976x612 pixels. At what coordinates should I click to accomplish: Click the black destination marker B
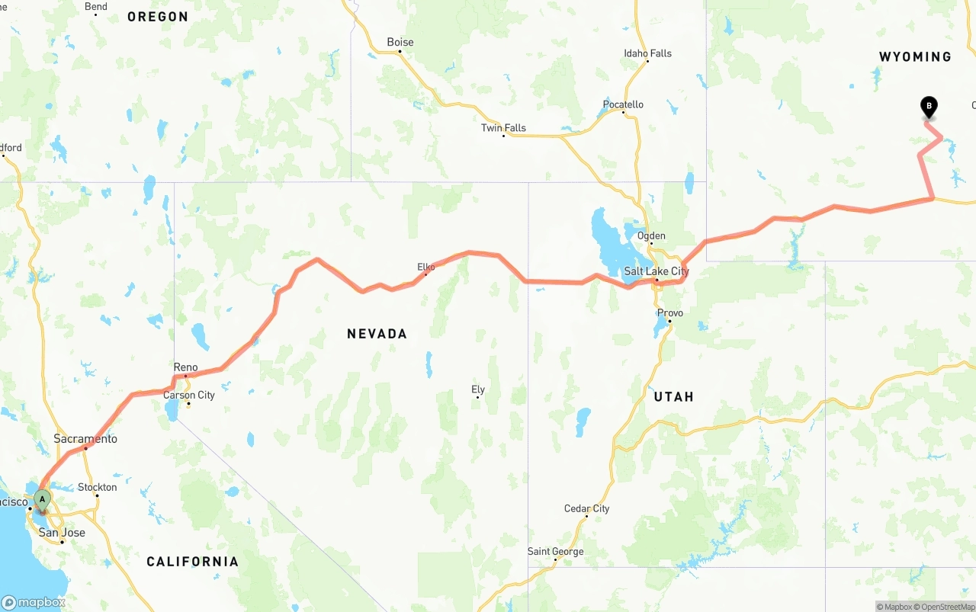coord(929,107)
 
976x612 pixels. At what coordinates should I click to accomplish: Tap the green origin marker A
coord(43,500)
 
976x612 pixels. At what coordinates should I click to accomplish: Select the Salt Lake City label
coord(656,271)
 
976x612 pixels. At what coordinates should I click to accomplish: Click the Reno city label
coord(185,367)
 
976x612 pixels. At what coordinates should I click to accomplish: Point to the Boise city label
coord(400,42)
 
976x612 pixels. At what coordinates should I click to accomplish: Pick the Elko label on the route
coord(425,267)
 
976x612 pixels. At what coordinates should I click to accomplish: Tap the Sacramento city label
coord(85,438)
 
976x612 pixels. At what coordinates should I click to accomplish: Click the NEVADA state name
coord(377,334)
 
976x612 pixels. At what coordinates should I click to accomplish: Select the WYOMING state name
coord(915,56)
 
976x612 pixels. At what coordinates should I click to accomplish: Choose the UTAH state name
coord(673,396)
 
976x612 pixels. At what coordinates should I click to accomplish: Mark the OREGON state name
coord(158,17)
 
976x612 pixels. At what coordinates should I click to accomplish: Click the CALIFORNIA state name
coord(192,562)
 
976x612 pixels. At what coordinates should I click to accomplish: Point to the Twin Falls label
coord(503,127)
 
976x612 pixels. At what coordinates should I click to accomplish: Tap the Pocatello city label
coord(623,104)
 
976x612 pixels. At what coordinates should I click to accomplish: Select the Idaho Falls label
coord(647,53)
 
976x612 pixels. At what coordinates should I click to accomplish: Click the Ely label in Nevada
coord(478,389)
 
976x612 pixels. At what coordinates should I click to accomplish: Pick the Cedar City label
coord(586,508)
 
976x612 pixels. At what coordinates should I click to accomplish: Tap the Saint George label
coord(555,551)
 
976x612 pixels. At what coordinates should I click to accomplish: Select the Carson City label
coord(189,395)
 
